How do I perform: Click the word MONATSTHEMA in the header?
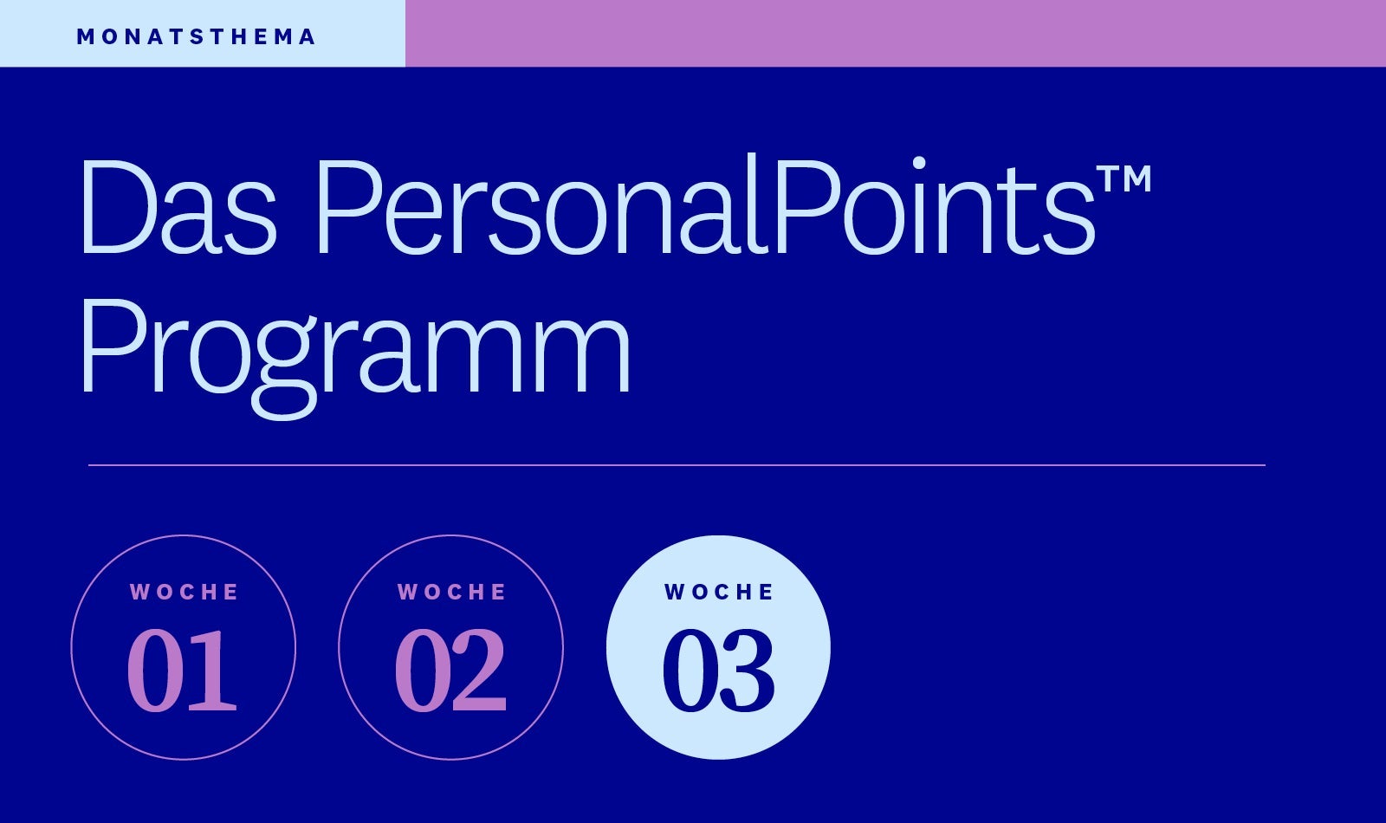(196, 37)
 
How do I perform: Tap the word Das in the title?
(178, 207)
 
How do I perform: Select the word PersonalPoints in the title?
(706, 204)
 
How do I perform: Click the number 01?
(182, 670)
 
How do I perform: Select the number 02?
(450, 670)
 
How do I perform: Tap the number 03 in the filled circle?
(718, 670)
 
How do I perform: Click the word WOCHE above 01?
(184, 593)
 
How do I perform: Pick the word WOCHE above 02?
(451, 593)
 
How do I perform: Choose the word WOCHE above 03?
(719, 593)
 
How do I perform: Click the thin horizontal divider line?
(677, 464)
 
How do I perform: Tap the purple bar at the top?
(896, 34)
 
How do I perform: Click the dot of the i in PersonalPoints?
(919, 163)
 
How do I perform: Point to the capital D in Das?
(117, 207)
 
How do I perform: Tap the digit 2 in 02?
(480, 670)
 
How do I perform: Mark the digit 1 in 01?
(211, 671)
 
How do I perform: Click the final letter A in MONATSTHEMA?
(307, 37)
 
